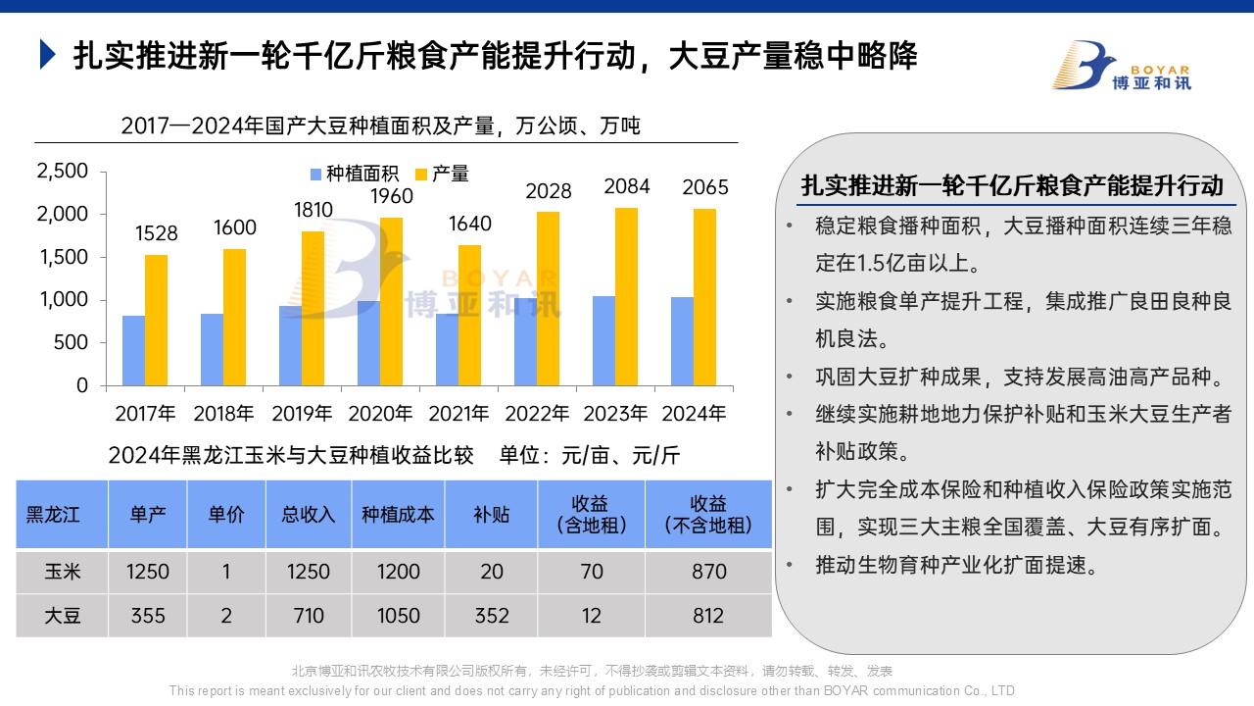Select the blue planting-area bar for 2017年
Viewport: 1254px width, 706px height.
tap(134, 350)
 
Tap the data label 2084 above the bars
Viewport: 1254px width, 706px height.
tap(627, 186)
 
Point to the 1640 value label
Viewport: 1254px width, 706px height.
tap(470, 224)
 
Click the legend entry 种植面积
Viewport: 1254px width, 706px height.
tap(355, 175)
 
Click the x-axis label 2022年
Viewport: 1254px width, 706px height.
tap(537, 413)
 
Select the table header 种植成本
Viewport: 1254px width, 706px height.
tap(398, 515)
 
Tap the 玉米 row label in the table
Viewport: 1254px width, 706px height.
tap(62, 572)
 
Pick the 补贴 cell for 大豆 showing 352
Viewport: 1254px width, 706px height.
tap(491, 616)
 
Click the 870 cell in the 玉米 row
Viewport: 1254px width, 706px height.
tap(708, 572)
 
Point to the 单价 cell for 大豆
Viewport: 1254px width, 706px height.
tap(226, 616)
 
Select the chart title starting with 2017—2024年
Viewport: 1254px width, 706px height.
tap(380, 126)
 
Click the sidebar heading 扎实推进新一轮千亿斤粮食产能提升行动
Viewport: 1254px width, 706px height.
tap(1012, 185)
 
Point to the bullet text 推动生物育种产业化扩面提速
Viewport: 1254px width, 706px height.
tap(953, 566)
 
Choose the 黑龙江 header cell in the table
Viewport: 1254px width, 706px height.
tap(54, 515)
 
